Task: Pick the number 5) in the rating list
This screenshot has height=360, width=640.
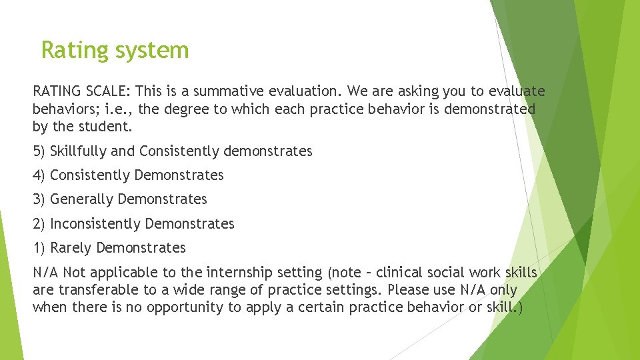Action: click(39, 151)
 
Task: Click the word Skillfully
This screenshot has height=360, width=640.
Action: click(79, 151)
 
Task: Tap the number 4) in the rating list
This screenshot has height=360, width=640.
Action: click(39, 175)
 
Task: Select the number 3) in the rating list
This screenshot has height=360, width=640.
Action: click(39, 199)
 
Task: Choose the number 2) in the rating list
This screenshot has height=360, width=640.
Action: click(39, 224)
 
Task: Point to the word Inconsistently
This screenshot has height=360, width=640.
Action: click(95, 224)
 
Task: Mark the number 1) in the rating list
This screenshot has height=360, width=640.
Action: click(39, 248)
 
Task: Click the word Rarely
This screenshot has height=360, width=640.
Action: click(71, 248)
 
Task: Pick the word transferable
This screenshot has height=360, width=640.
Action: click(97, 290)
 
